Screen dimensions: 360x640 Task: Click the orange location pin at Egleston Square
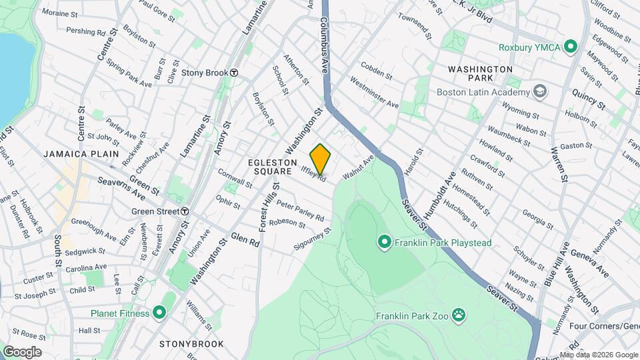point(321,157)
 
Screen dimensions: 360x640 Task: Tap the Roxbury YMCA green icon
point(570,47)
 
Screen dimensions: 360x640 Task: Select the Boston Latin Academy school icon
point(539,92)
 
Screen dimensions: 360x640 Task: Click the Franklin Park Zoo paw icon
point(458,314)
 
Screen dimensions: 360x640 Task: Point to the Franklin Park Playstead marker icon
point(384,241)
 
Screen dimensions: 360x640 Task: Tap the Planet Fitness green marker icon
point(159,311)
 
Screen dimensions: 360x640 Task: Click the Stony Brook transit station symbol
point(234,73)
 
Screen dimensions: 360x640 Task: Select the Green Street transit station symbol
point(185,211)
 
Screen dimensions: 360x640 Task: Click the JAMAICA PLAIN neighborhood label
point(81,154)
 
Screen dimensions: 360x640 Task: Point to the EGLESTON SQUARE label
point(270,167)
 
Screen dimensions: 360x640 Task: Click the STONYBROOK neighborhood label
point(191,344)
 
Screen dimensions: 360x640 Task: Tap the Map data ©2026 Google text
point(598,355)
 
